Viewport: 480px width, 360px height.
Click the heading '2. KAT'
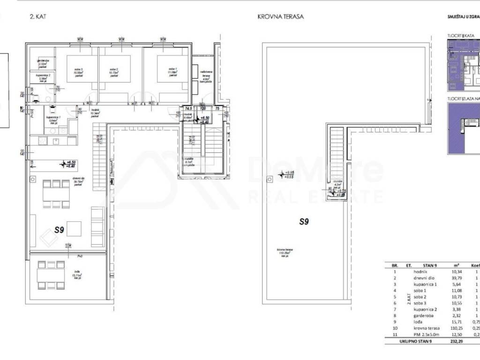click(x=38, y=16)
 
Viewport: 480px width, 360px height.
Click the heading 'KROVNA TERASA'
click(x=281, y=16)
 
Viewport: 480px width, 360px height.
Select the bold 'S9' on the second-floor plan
click(x=59, y=230)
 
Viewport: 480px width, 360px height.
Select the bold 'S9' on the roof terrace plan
click(x=304, y=222)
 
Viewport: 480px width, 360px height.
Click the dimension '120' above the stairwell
click(x=203, y=108)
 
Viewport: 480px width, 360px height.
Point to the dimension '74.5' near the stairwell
click(x=189, y=108)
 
